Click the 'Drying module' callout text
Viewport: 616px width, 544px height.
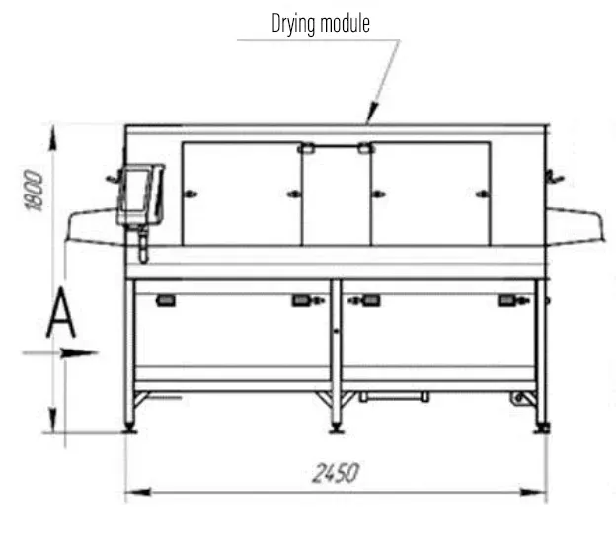(321, 24)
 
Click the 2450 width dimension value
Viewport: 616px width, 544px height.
(336, 473)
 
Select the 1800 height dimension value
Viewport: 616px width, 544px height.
(34, 191)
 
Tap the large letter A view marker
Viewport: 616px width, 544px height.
(61, 313)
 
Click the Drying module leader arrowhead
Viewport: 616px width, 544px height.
(371, 113)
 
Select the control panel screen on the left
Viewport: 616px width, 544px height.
(135, 191)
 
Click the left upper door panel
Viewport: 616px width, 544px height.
(242, 194)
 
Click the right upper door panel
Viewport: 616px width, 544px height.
(431, 194)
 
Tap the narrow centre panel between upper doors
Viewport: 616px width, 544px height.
(337, 196)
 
